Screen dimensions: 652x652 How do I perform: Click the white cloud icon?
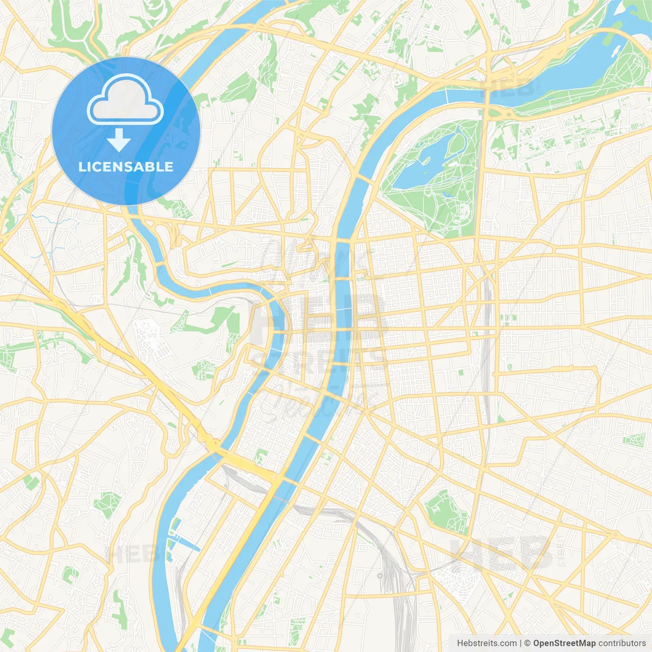(125, 100)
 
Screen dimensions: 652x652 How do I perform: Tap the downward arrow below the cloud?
(119, 140)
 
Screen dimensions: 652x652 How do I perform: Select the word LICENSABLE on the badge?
(126, 167)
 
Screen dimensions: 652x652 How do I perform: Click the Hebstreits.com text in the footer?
(486, 643)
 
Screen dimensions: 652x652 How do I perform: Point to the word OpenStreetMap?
(564, 643)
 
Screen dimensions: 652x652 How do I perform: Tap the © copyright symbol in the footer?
(527, 643)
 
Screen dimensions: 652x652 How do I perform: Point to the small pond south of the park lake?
(448, 194)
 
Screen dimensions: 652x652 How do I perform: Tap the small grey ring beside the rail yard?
(380, 576)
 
